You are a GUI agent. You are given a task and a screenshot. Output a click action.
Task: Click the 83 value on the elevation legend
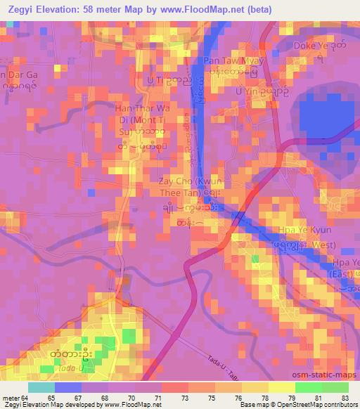[345, 397]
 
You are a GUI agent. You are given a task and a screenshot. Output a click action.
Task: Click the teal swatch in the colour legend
[41, 387]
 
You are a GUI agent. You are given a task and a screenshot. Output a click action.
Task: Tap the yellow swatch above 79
[282, 387]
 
